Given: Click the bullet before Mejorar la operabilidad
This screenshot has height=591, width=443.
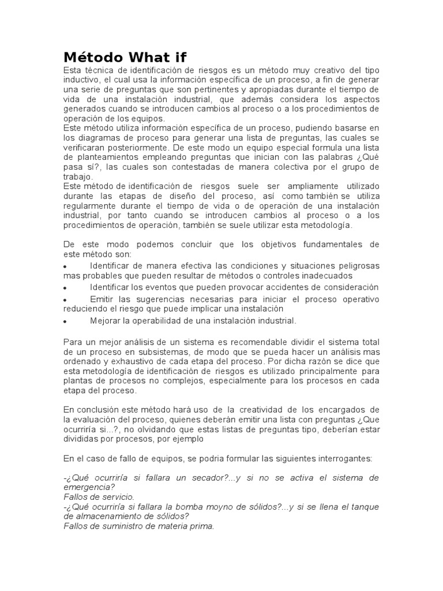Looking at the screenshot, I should coord(65,321).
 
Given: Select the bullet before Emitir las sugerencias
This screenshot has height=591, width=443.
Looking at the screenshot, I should coord(65,300).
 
